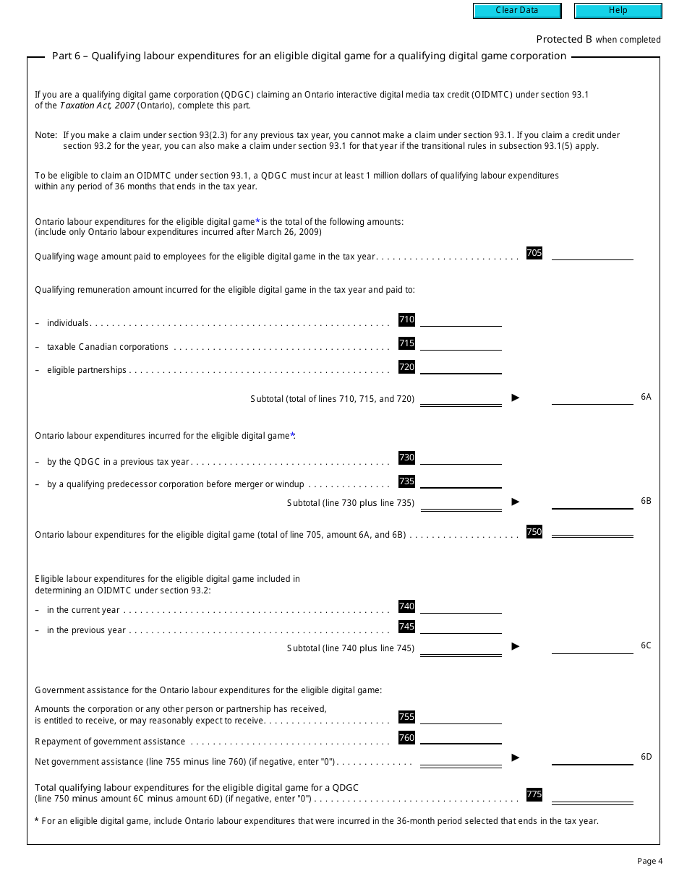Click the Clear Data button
[517, 11]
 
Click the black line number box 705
[534, 253]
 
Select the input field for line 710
[461, 319]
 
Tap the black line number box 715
[406, 343]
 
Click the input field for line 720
[461, 367]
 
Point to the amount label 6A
[646, 397]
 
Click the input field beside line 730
[461, 458]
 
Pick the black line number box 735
[406, 481]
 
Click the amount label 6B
[646, 501]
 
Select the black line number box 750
[534, 532]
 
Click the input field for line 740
[461, 607]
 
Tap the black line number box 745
[406, 627]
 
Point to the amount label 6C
[646, 645]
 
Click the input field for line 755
[461, 717]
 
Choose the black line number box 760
[406, 738]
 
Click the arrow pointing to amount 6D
[516, 757]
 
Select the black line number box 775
[534, 794]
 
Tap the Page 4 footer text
[649, 861]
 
